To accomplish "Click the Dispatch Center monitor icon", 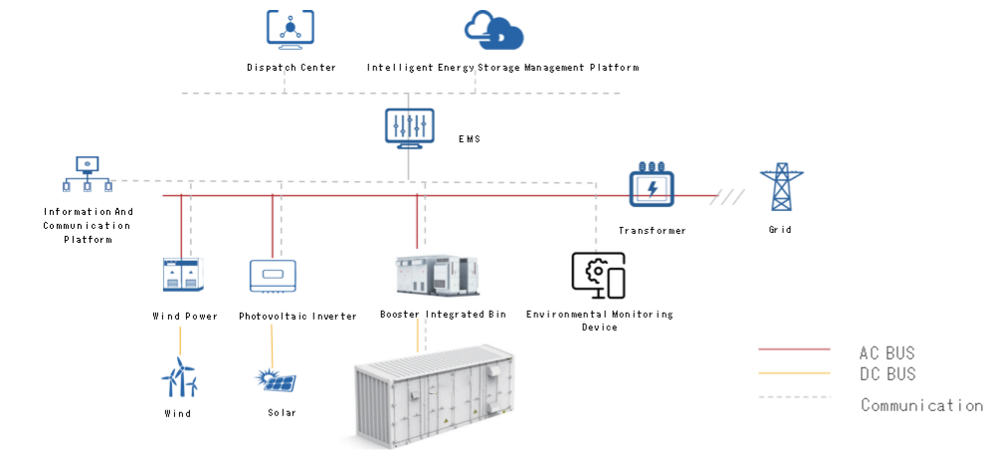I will pos(291,29).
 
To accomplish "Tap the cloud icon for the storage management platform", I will pos(495,31).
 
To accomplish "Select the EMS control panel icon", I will pos(409,128).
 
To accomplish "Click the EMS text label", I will pos(470,139).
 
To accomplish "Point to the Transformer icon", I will pos(652,187).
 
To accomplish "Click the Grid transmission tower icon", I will pos(780,187).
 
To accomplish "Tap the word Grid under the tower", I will pos(780,230).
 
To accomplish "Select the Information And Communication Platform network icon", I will pos(88,175).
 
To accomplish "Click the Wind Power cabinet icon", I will pos(184,276).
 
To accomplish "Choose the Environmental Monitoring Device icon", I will pos(599,276).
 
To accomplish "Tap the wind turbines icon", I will pos(180,378).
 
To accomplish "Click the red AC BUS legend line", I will pos(794,349).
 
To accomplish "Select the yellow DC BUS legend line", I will pos(794,373).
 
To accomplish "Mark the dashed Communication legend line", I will pos(794,397).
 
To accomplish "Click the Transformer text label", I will pos(652,230).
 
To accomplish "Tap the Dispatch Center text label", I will pos(291,68).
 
